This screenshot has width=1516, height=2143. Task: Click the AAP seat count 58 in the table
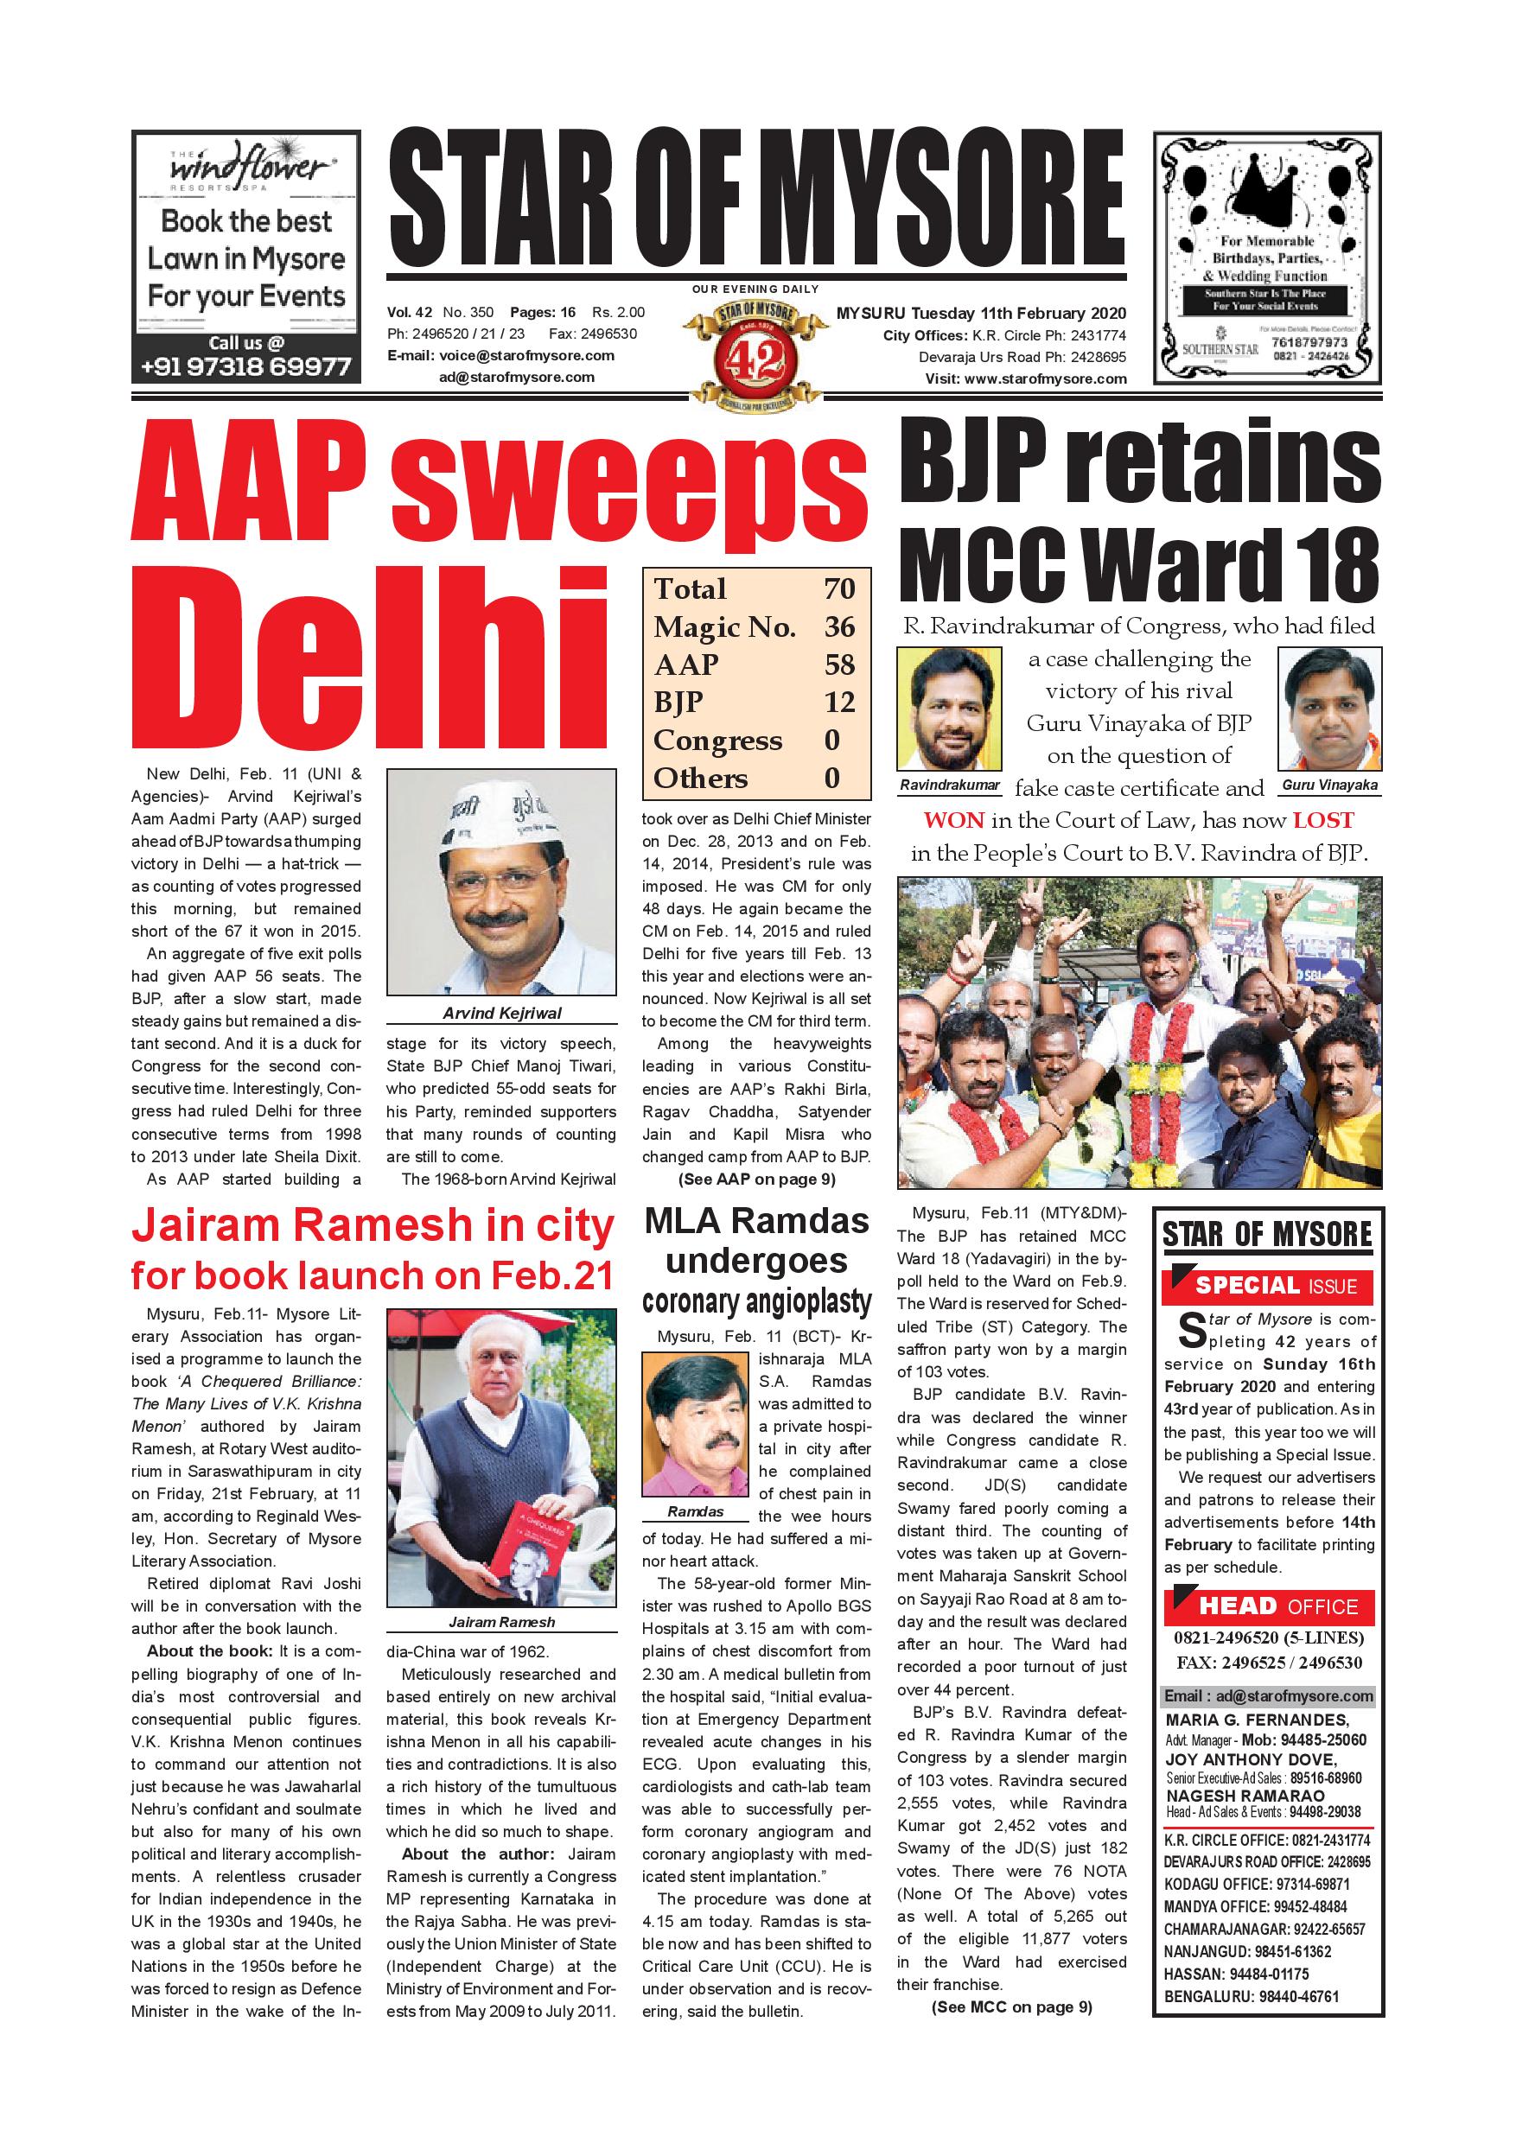[839, 665]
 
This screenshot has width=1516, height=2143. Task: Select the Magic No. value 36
[839, 626]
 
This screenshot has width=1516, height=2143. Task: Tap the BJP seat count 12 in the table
[839, 702]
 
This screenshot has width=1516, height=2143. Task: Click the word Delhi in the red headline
[370, 668]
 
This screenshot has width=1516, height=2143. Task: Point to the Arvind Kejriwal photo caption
[501, 1013]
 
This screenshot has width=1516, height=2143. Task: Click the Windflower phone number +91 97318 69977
[245, 366]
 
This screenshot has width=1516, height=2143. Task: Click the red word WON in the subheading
[954, 820]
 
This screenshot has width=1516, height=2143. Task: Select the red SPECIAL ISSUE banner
[1267, 1286]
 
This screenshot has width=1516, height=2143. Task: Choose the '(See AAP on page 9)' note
[756, 1179]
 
